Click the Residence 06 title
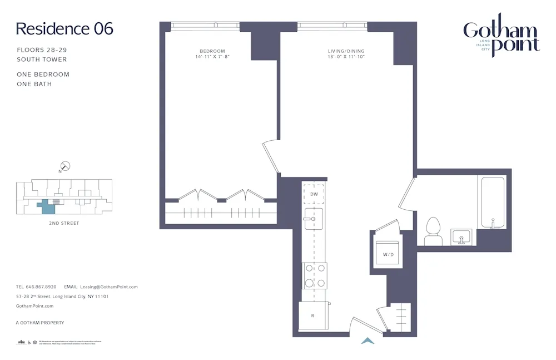pyautogui.click(x=64, y=29)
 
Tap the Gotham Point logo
pyautogui.click(x=501, y=37)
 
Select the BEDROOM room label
pyautogui.click(x=212, y=51)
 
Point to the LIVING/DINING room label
pyautogui.click(x=346, y=51)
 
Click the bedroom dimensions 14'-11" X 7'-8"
pyautogui.click(x=212, y=57)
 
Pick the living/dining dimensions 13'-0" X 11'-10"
pyautogui.click(x=346, y=57)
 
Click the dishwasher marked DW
pyautogui.click(x=314, y=194)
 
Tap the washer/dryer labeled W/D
pyautogui.click(x=388, y=254)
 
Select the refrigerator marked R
pyautogui.click(x=313, y=315)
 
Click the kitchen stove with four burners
pyautogui.click(x=314, y=275)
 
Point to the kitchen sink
pyautogui.click(x=314, y=219)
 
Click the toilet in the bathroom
pyautogui.click(x=433, y=231)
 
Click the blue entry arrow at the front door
pyautogui.click(x=368, y=341)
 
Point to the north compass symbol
pyautogui.click(x=66, y=166)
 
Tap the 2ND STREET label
pyautogui.click(x=64, y=223)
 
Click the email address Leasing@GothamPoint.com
pyautogui.click(x=108, y=287)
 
